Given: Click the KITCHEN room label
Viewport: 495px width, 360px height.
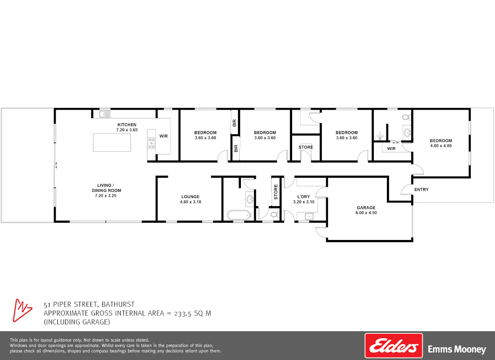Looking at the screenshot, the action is [x=127, y=125].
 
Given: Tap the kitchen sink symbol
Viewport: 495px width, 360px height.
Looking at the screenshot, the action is [x=105, y=114].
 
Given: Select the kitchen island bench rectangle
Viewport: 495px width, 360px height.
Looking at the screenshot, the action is [x=112, y=142].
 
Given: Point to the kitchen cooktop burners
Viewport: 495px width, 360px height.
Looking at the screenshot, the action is [x=151, y=144].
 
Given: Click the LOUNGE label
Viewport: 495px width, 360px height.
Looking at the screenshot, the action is [x=191, y=197].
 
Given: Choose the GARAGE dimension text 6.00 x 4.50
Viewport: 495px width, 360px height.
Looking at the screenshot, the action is [x=366, y=213].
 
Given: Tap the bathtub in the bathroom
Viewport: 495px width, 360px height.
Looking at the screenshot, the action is [x=239, y=215].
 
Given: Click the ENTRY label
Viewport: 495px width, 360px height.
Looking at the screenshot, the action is [x=422, y=190].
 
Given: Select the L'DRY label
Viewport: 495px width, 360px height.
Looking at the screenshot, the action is [x=304, y=197].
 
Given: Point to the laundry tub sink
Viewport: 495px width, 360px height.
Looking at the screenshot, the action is [x=309, y=216].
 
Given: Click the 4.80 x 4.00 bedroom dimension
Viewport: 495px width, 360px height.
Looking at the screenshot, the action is [x=441, y=146].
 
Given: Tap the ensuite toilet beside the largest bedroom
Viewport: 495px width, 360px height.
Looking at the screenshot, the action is [x=406, y=117].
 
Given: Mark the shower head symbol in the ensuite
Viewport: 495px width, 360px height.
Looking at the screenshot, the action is [x=379, y=136].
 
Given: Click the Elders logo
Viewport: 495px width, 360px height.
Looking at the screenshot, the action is [x=394, y=346].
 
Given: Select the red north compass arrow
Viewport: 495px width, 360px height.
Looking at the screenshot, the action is [x=22, y=310].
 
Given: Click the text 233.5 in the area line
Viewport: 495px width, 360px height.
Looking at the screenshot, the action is [x=182, y=314].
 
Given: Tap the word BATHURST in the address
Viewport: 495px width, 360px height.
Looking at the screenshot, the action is [x=118, y=305].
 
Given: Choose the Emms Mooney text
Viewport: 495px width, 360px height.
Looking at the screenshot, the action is [x=457, y=349].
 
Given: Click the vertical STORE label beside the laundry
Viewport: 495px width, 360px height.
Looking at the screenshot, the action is [x=276, y=192].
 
